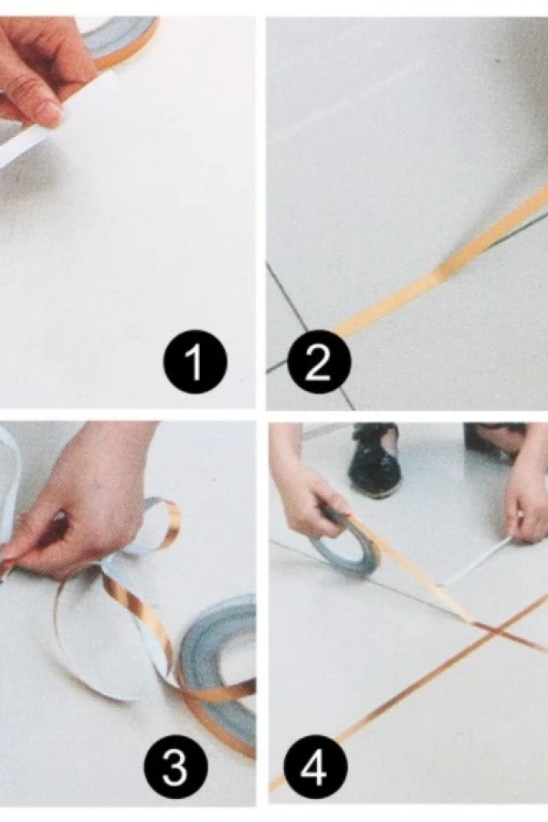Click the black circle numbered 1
(x=195, y=362)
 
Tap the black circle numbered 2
(x=319, y=362)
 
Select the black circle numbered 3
(x=175, y=766)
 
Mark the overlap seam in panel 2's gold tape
(x=439, y=271)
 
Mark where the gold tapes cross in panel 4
(x=490, y=632)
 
